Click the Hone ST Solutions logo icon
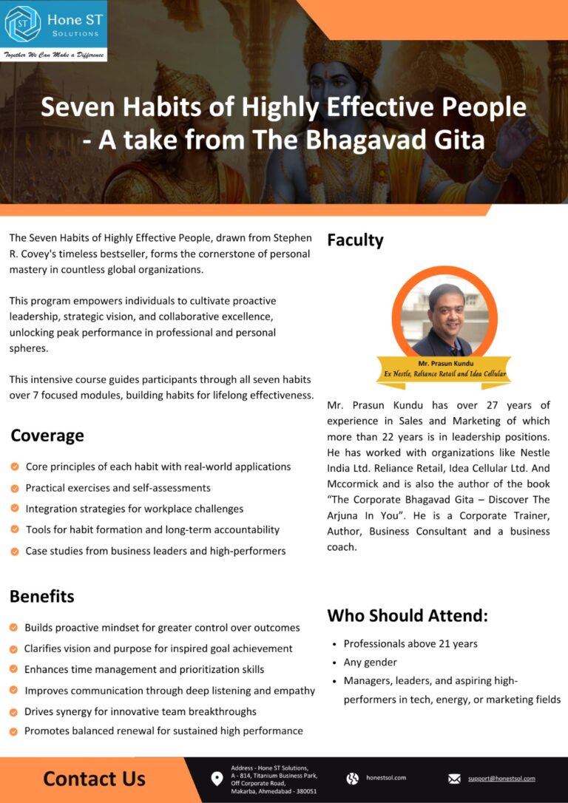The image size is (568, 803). tap(22, 24)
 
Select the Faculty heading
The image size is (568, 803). tap(355, 240)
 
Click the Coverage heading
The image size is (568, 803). tap(47, 436)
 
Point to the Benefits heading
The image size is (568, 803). tap(42, 596)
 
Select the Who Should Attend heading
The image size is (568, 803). tap(408, 615)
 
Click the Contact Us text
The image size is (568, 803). tap(94, 779)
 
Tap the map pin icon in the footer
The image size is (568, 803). tap(217, 779)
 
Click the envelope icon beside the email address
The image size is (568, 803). tap(454, 779)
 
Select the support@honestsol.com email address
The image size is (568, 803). tap(501, 779)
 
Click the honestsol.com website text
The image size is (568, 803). tap(386, 778)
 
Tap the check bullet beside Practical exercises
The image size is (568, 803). tap(15, 488)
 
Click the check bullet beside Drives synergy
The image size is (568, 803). tap(14, 711)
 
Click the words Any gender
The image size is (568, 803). tap(370, 663)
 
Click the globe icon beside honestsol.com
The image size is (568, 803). tap(353, 779)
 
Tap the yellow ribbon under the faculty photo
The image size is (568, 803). tap(443, 369)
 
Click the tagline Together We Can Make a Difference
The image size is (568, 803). tap(53, 55)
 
